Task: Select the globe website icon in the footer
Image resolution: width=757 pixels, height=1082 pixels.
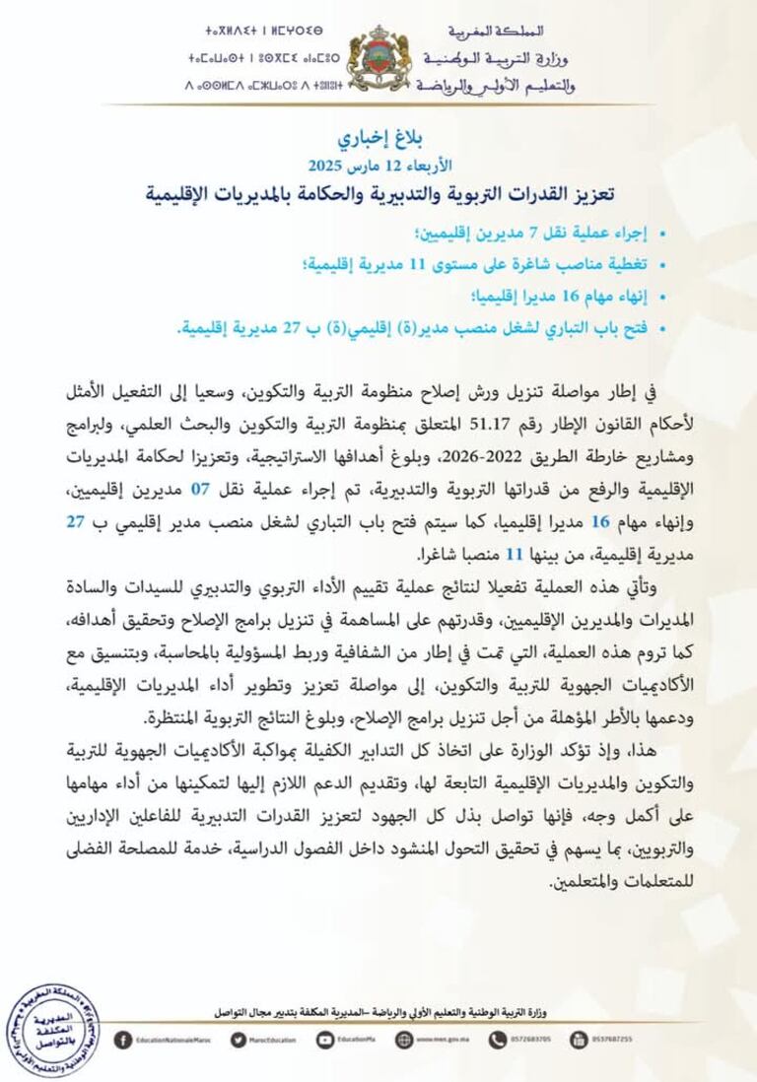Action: point(405,1038)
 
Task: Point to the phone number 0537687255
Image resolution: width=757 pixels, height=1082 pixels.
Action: point(611,1038)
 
